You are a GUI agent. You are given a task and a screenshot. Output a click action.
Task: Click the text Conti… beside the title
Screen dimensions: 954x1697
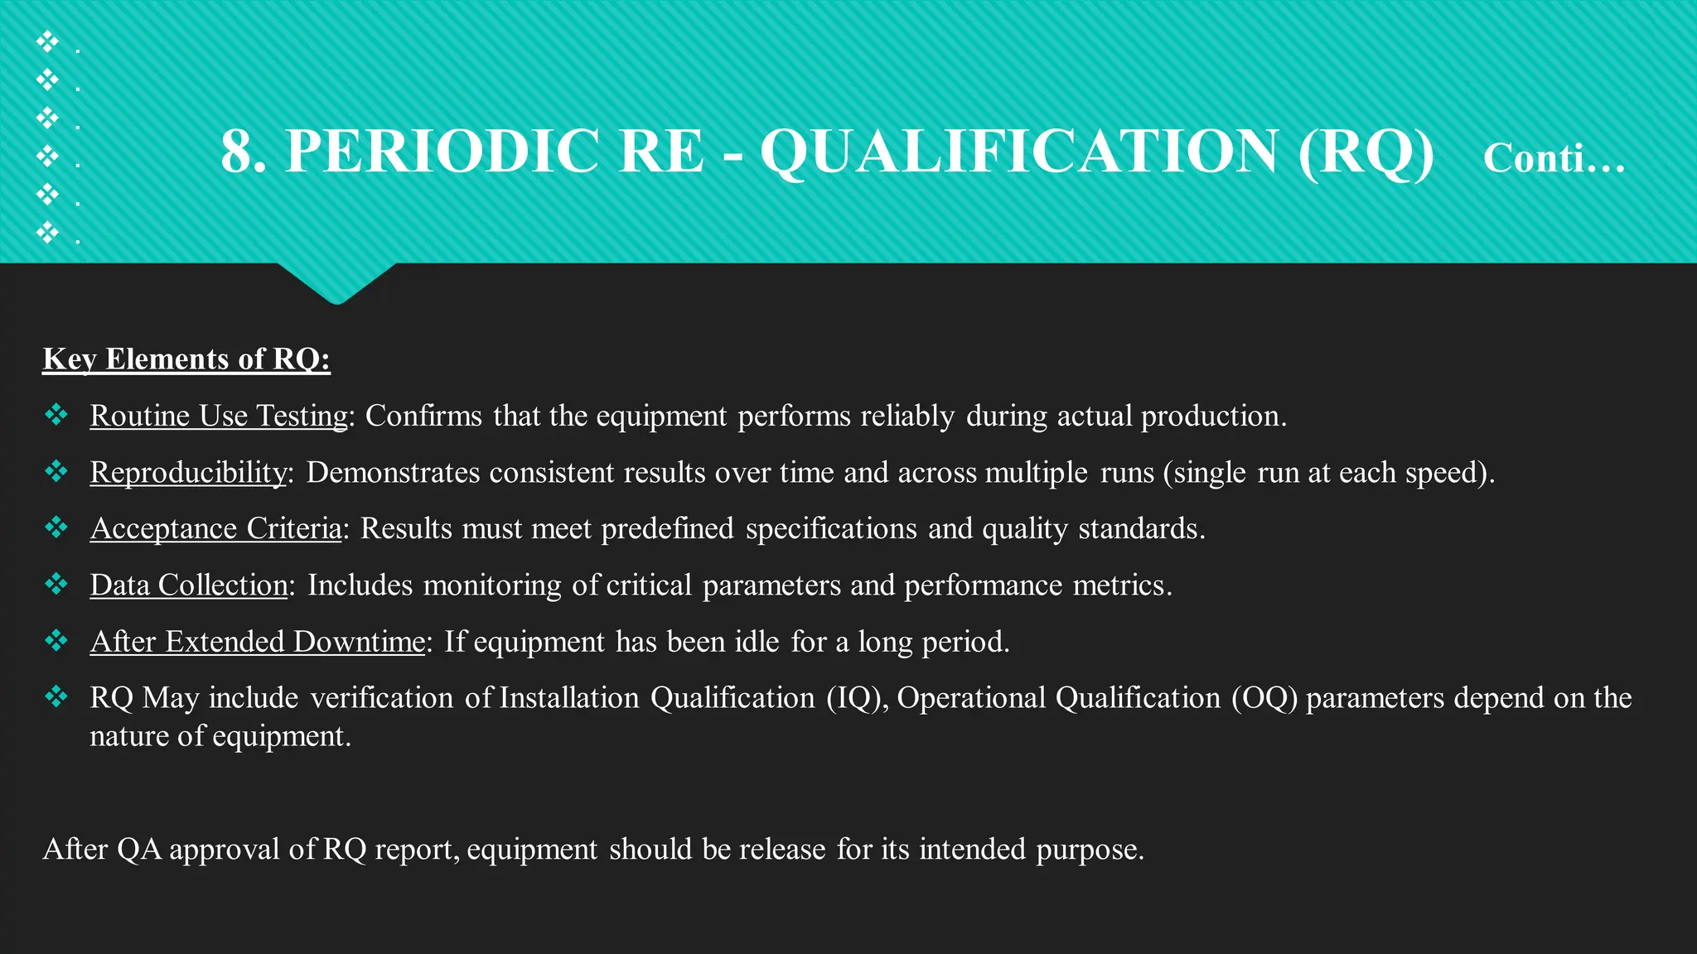pyautogui.click(x=1554, y=157)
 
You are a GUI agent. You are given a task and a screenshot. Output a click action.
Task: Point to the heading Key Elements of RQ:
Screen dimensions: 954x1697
pyautogui.click(x=186, y=359)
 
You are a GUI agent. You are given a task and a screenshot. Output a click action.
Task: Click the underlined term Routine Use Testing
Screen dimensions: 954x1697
pyautogui.click(x=220, y=416)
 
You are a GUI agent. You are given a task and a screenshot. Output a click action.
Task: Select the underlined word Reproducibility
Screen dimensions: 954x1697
pyautogui.click(x=188, y=472)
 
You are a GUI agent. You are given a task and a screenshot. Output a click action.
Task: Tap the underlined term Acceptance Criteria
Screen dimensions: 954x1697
pyautogui.click(x=215, y=528)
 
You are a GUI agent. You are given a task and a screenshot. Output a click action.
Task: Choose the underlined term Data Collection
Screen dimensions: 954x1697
pyautogui.click(x=189, y=585)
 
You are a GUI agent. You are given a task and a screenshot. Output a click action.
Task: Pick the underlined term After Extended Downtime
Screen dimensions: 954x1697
pyautogui.click(x=258, y=642)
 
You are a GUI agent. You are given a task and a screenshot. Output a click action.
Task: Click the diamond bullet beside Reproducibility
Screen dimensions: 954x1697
pyautogui.click(x=56, y=471)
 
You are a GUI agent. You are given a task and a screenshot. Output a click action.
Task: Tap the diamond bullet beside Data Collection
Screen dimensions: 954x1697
pyautogui.click(x=56, y=584)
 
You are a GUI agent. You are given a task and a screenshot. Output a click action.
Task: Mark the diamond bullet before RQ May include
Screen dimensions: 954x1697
pyautogui.click(x=56, y=696)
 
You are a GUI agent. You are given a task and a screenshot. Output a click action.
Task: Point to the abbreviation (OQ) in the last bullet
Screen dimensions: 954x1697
pyautogui.click(x=1264, y=698)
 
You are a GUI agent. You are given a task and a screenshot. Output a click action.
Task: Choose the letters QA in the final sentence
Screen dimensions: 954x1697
pyautogui.click(x=139, y=850)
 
